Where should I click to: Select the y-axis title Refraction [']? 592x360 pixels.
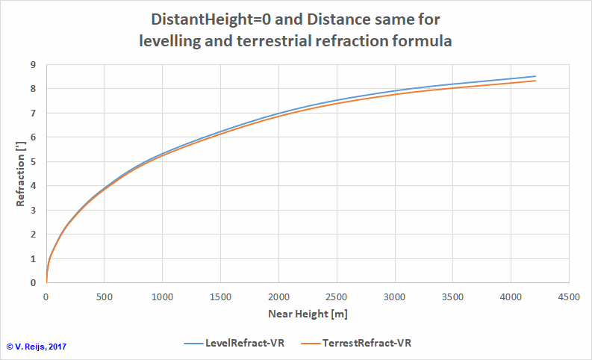click(22, 174)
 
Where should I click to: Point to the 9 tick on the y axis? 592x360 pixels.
click(33, 65)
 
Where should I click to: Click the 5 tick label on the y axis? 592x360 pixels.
click(33, 161)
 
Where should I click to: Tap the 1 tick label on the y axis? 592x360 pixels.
click(33, 258)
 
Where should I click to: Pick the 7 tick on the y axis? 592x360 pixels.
click(33, 114)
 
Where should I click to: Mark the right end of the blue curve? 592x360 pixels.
click(535, 76)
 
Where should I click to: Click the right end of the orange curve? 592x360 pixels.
click(535, 81)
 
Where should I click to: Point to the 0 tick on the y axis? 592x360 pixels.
click(33, 282)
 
